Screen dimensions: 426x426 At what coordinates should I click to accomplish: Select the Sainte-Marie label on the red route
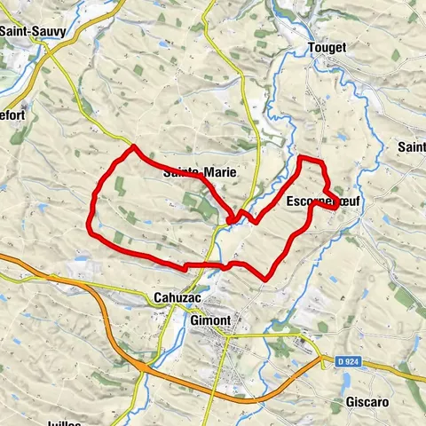click(x=200, y=173)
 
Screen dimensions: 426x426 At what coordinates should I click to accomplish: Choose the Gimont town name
click(x=210, y=320)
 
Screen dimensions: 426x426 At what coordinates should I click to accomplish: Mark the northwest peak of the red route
click(x=133, y=147)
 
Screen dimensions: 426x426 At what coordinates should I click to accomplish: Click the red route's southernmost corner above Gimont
click(x=266, y=280)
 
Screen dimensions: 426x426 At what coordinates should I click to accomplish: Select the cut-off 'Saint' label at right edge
click(x=412, y=146)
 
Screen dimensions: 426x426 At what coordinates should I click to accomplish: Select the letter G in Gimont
click(x=194, y=320)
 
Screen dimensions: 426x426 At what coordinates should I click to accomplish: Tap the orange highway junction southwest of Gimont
click(x=142, y=365)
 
